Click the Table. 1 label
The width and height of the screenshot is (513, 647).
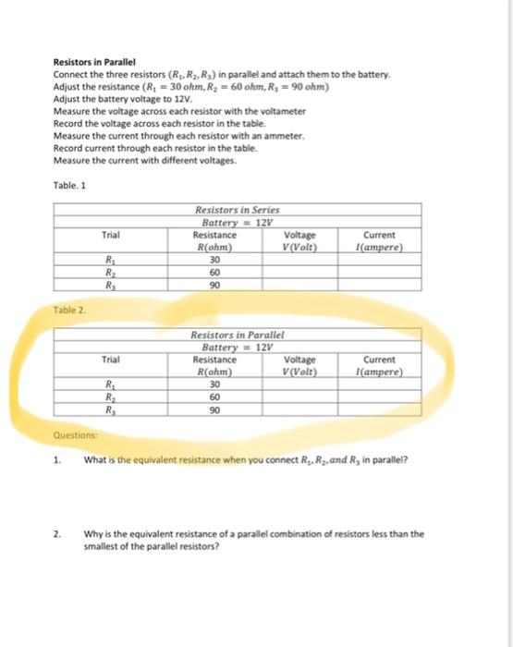coord(70,184)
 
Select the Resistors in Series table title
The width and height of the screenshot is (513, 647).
coord(238,212)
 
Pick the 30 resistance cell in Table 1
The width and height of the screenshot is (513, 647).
coord(214,260)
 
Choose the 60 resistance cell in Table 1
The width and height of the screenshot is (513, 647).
coord(214,272)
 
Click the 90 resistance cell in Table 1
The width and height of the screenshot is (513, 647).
coord(214,285)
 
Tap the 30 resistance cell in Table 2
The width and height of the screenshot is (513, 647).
coord(214,385)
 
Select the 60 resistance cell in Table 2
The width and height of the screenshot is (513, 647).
coord(214,397)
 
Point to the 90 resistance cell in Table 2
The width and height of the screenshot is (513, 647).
coord(214,409)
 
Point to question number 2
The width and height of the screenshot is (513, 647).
coord(56,533)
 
